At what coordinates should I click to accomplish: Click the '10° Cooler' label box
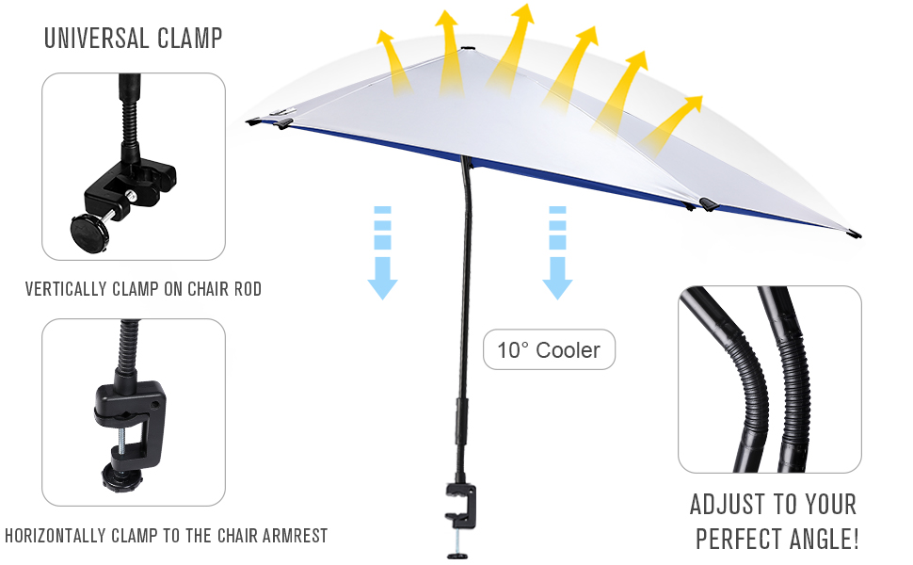(x=549, y=350)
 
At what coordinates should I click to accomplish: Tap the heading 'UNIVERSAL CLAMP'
(x=134, y=39)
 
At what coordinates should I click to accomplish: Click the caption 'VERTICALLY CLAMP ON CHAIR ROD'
(x=143, y=289)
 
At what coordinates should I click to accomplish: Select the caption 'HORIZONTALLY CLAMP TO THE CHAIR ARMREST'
(x=167, y=536)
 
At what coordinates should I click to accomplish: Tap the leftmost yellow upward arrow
(x=391, y=61)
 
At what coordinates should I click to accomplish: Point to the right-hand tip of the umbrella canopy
(x=853, y=233)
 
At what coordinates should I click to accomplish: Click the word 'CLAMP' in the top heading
(x=189, y=39)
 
